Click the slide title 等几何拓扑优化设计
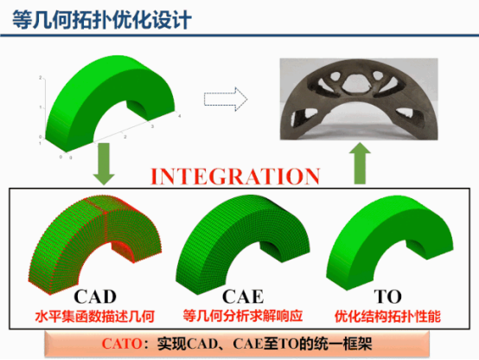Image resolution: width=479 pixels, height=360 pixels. click(102, 20)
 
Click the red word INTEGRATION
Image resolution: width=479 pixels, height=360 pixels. click(235, 177)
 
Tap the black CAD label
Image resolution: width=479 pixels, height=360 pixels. click(95, 296)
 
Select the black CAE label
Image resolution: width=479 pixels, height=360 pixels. click(243, 296)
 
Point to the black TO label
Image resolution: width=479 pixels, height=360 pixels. click(387, 296)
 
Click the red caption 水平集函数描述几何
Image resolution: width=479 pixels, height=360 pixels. click(95, 316)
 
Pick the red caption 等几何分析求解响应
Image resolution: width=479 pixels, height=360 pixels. click(243, 316)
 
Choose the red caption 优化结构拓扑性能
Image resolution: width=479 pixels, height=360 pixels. click(387, 316)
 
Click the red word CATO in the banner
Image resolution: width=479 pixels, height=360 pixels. click(122, 344)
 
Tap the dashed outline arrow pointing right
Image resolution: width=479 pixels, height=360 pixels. click(226, 100)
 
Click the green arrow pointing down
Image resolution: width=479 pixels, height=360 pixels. click(104, 164)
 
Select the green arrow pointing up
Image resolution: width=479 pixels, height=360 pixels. click(360, 164)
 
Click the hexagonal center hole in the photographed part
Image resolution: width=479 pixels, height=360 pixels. click(356, 82)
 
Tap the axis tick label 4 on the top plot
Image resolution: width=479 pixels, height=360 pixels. click(180, 116)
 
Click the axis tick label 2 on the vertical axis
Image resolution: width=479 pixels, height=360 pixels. click(40, 78)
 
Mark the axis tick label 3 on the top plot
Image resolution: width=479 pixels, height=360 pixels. click(152, 126)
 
